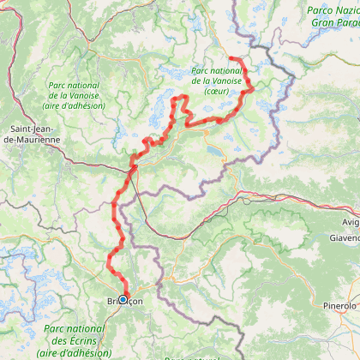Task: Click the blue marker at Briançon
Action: (123, 299)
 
